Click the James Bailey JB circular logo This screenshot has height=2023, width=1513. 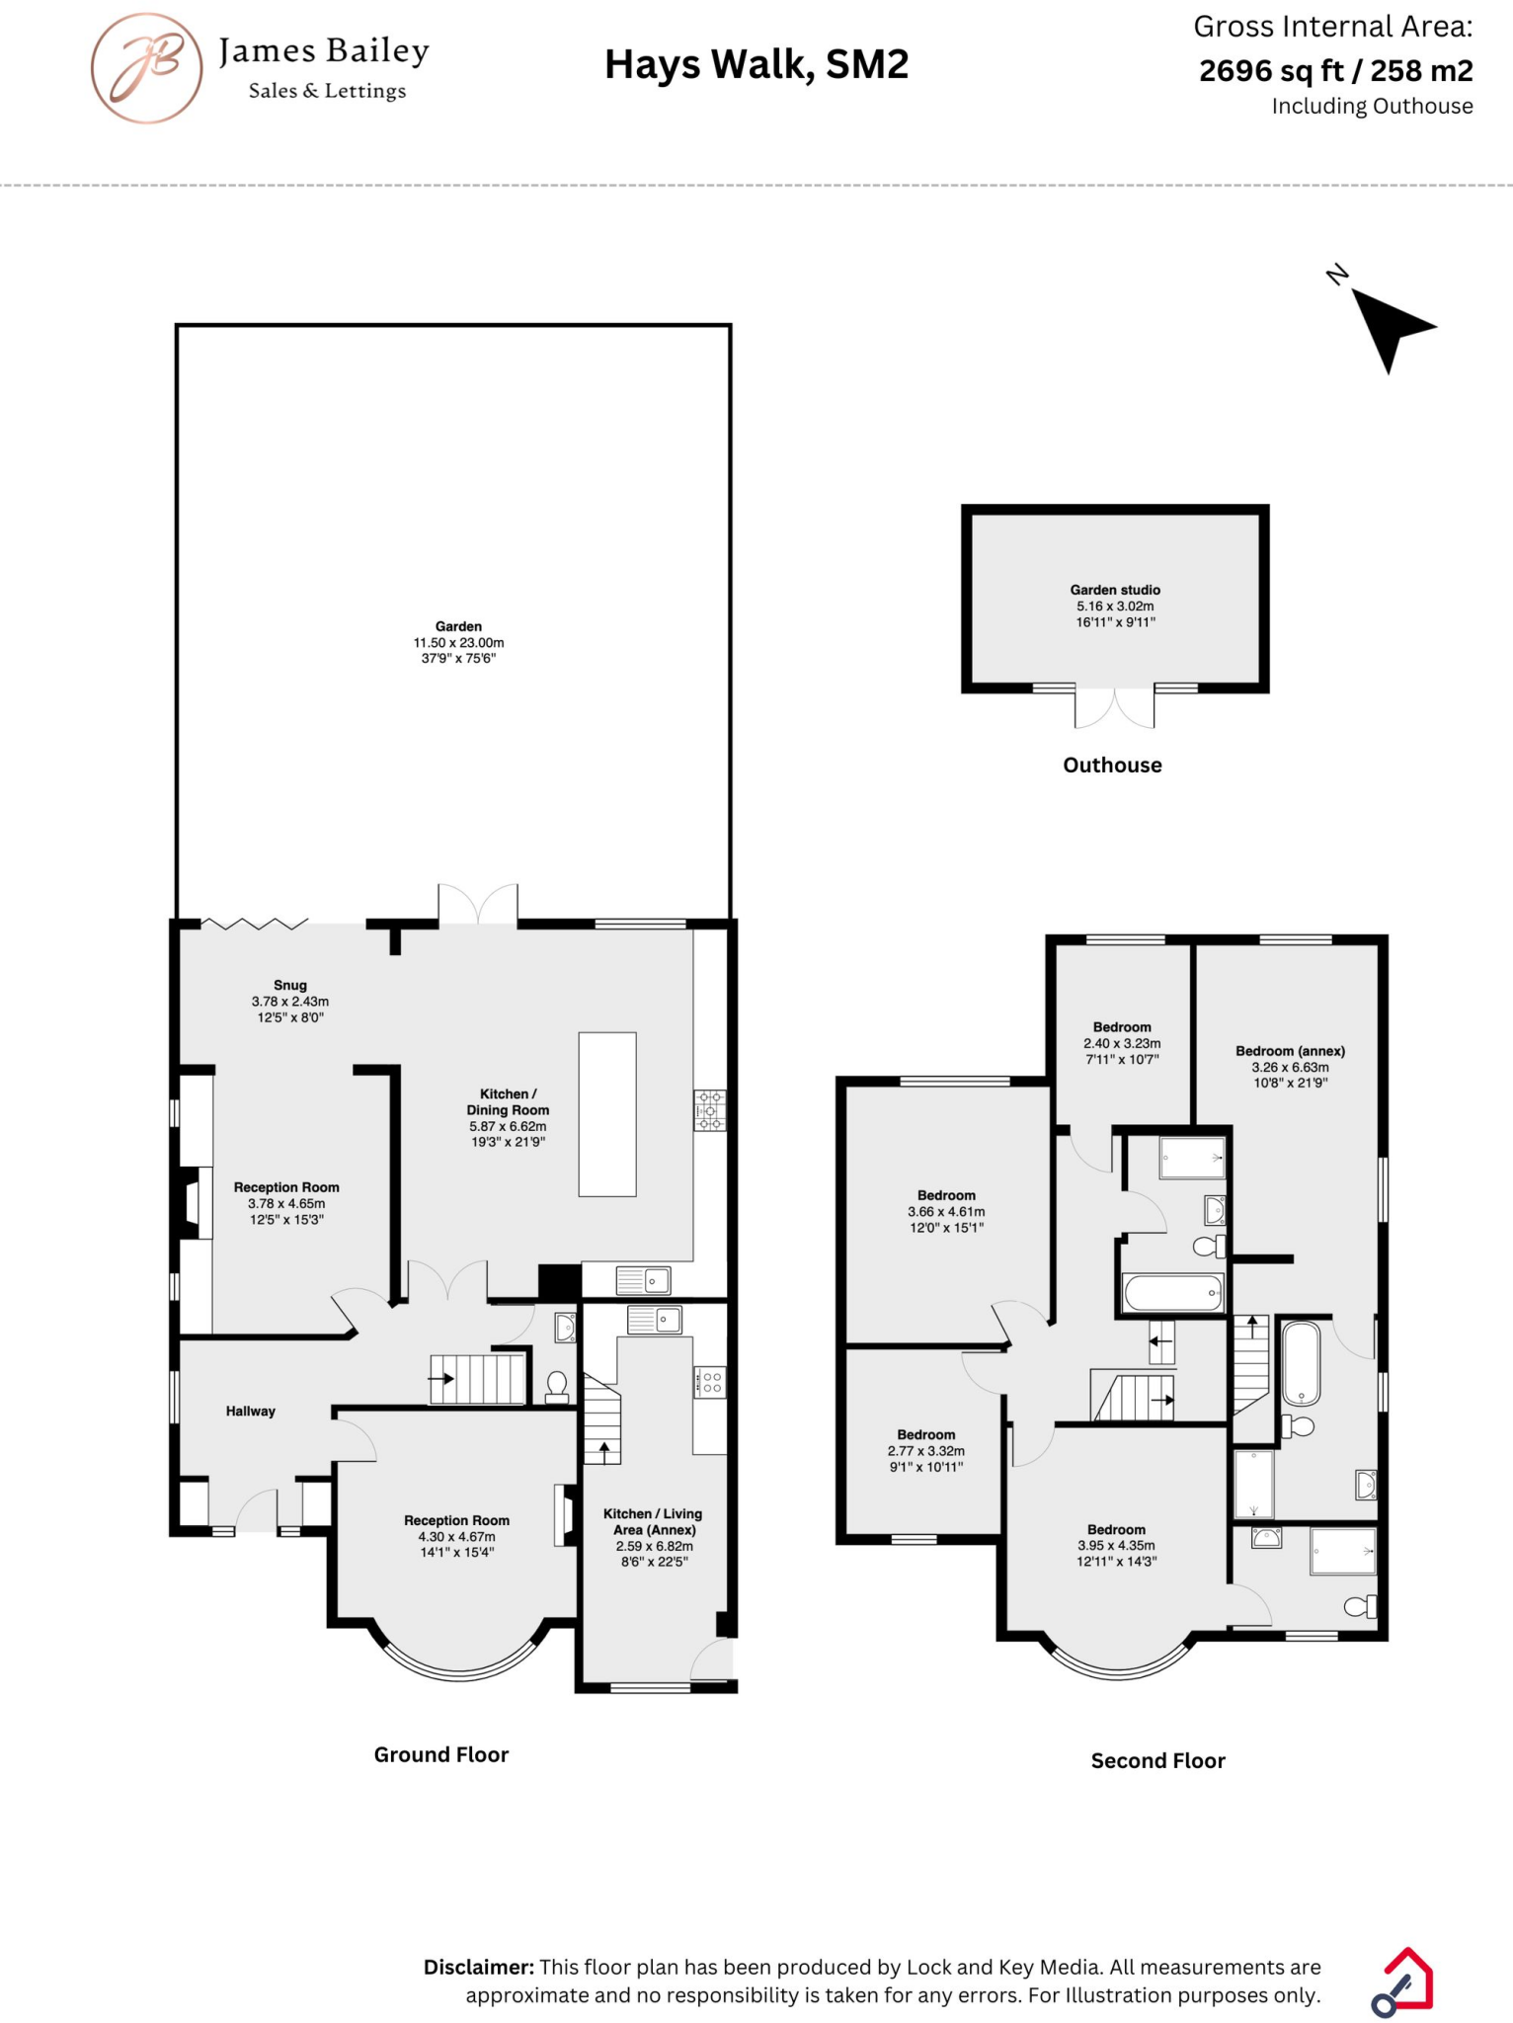pos(147,68)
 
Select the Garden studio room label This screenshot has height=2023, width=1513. pos(1115,590)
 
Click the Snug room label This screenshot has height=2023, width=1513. pos(290,985)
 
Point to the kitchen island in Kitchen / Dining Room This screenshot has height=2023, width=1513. pos(607,1114)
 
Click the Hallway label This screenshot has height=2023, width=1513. pos(251,1411)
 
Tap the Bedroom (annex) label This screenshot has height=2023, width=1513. pos(1290,1051)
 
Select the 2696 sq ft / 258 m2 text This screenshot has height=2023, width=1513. pos(1335,71)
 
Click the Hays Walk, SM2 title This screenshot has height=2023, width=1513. pos(756,65)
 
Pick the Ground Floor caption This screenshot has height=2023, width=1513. pos(441,1754)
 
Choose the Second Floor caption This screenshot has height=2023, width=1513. pos(1157,1760)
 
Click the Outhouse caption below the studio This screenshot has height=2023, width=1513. pos(1112,765)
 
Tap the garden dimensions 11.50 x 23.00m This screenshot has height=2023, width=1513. pos(458,642)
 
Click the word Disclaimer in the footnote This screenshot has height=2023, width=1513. pos(479,1967)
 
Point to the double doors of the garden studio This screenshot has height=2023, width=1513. pos(1114,708)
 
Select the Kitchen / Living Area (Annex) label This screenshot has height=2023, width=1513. pos(653,1521)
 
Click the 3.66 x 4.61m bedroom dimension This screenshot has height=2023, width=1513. pos(946,1211)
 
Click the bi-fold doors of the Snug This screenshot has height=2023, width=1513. pos(255,925)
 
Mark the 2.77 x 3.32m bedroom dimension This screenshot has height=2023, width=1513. pos(926,1451)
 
